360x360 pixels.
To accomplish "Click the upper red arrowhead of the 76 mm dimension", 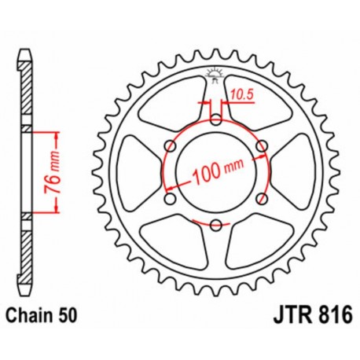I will [57, 135].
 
